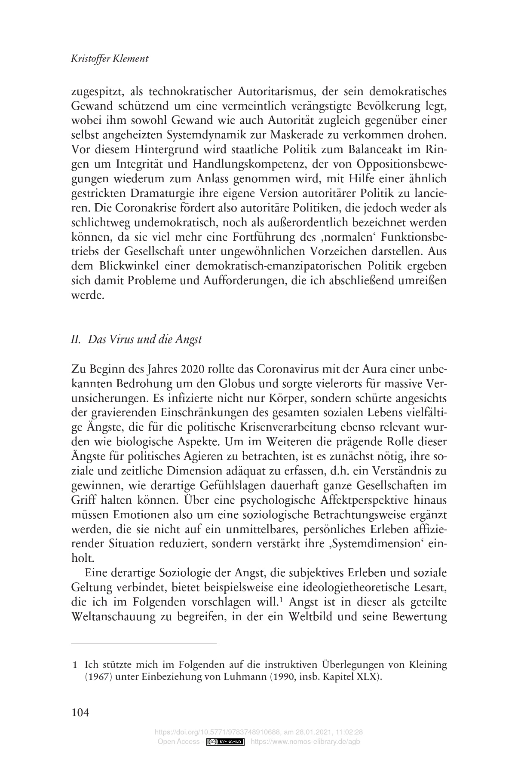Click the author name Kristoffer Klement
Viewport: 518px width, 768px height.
[x=109, y=58]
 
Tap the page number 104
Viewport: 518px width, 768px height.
[x=80, y=713]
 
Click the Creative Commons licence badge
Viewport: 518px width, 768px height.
[x=226, y=742]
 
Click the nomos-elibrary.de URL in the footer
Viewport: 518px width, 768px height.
[x=308, y=742]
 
